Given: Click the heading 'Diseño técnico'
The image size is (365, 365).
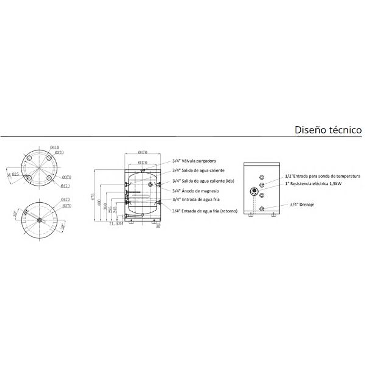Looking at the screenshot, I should tap(328, 130).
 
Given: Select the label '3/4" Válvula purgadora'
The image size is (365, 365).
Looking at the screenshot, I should tap(193, 161).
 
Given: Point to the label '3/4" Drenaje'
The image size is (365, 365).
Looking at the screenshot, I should tap(302, 204).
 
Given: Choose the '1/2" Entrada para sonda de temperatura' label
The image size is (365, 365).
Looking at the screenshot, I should tap(322, 176).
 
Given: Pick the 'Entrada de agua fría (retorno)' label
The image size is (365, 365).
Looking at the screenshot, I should tap(205, 211).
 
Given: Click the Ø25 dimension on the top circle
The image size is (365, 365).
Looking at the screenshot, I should tap(15, 174).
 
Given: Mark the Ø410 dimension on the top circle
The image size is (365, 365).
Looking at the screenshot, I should tap(54, 147).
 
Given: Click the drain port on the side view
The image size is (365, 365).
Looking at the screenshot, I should tap(262, 209).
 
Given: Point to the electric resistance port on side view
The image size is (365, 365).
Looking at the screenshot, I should tap(254, 191).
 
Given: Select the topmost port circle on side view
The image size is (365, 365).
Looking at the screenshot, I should tap(262, 178).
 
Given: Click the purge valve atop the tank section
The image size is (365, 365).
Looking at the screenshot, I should tap(143, 170).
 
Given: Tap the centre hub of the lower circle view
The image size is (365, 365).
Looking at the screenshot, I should tap(40, 220).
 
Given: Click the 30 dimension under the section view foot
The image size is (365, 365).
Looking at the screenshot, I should tap(158, 226).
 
